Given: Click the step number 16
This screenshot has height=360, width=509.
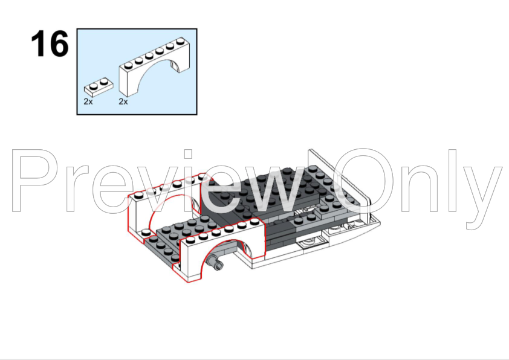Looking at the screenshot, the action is pyautogui.click(x=50, y=43).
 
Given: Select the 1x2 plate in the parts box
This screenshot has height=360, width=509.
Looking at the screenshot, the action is pyautogui.click(x=99, y=87).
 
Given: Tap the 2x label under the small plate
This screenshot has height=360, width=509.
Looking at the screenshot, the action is pyautogui.click(x=88, y=102).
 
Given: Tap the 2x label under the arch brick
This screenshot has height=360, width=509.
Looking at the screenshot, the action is pyautogui.click(x=123, y=102).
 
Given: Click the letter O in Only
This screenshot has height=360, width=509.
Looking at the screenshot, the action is pyautogui.click(x=363, y=181).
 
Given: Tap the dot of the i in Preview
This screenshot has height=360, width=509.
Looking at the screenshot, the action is pyautogui.click(x=188, y=154).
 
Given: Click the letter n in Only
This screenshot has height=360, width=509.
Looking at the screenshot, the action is pyautogui.click(x=418, y=188).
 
